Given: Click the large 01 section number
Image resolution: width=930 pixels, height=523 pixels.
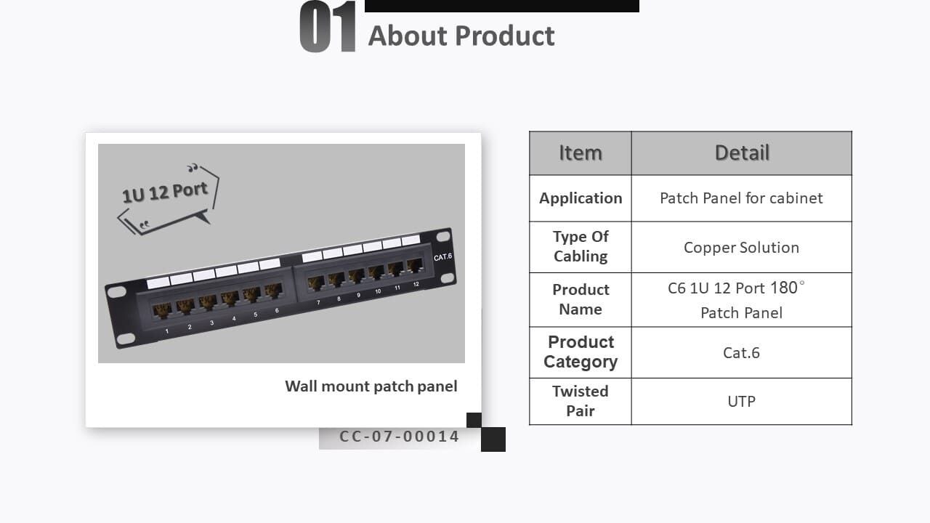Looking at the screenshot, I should pyautogui.click(x=328, y=28).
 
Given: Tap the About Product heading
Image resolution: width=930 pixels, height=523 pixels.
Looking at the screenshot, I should pyautogui.click(x=461, y=36).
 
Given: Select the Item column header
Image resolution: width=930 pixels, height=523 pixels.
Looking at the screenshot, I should pyautogui.click(x=580, y=153).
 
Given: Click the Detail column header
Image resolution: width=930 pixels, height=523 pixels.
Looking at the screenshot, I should pyautogui.click(x=741, y=153).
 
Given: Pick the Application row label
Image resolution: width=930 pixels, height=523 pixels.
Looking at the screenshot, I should pyautogui.click(x=580, y=198).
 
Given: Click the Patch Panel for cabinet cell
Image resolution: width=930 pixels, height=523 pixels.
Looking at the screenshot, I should pyautogui.click(x=741, y=198).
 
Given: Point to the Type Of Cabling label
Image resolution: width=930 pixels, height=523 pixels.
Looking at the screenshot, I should pyautogui.click(x=580, y=246).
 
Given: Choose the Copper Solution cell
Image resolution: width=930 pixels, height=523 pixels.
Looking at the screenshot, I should pyautogui.click(x=741, y=247).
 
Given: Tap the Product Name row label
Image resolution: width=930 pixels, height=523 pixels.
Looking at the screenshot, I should pyautogui.click(x=580, y=299).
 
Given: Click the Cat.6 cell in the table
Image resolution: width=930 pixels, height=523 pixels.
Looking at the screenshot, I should pyautogui.click(x=741, y=352).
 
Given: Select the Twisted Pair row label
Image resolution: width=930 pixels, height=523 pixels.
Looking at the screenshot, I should pyautogui.click(x=580, y=401).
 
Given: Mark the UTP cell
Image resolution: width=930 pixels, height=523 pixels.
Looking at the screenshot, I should pyautogui.click(x=741, y=401).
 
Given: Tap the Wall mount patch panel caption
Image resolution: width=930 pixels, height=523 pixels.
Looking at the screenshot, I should pyautogui.click(x=371, y=386).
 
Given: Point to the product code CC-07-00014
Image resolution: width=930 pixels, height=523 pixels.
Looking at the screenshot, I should pyautogui.click(x=399, y=437).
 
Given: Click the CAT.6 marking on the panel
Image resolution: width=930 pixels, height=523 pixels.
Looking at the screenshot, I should pyautogui.click(x=442, y=257).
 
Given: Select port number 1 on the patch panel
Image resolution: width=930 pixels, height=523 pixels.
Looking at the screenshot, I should pyautogui.click(x=161, y=310).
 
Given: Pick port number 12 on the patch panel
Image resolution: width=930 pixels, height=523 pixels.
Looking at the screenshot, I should pyautogui.click(x=414, y=265).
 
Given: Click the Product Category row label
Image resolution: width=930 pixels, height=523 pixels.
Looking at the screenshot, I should pyautogui.click(x=580, y=352).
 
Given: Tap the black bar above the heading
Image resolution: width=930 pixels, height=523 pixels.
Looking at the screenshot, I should pyautogui.click(x=501, y=6).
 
